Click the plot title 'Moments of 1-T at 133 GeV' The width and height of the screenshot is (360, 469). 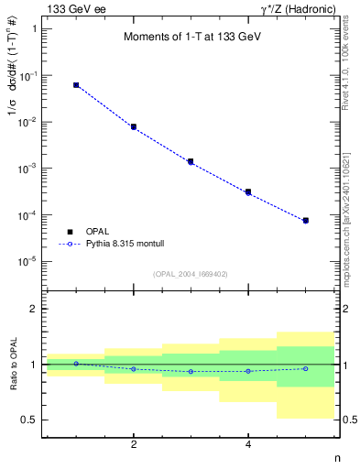191,38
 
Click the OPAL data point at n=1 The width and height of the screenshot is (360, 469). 76,85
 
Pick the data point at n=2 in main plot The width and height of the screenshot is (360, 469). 134,126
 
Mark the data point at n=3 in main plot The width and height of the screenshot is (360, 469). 191,161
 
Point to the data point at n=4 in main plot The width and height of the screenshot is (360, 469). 248,192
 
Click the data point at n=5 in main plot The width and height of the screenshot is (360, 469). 305,221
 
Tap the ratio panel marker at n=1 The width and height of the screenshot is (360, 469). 76,364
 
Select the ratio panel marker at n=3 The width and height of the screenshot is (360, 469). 191,371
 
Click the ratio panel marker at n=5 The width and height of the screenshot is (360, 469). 305,368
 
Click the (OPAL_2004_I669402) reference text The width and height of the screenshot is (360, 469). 191,273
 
